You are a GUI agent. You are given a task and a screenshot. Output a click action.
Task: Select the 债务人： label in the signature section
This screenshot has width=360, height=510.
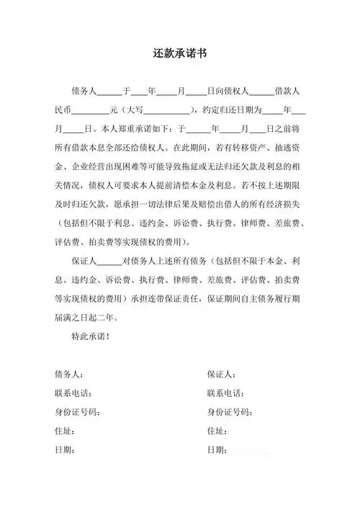[x=69, y=375]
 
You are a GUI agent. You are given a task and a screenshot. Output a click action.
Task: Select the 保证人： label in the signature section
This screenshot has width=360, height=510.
[x=222, y=375]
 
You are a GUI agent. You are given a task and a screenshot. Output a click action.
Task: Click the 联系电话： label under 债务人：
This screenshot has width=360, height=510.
[x=73, y=393]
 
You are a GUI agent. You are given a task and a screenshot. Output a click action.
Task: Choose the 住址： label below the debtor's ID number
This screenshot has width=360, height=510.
[x=65, y=431]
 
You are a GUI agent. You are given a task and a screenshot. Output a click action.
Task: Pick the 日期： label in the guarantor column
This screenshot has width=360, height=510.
[x=217, y=449]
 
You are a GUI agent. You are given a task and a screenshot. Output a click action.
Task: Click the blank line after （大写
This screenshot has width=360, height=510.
[x=168, y=112]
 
